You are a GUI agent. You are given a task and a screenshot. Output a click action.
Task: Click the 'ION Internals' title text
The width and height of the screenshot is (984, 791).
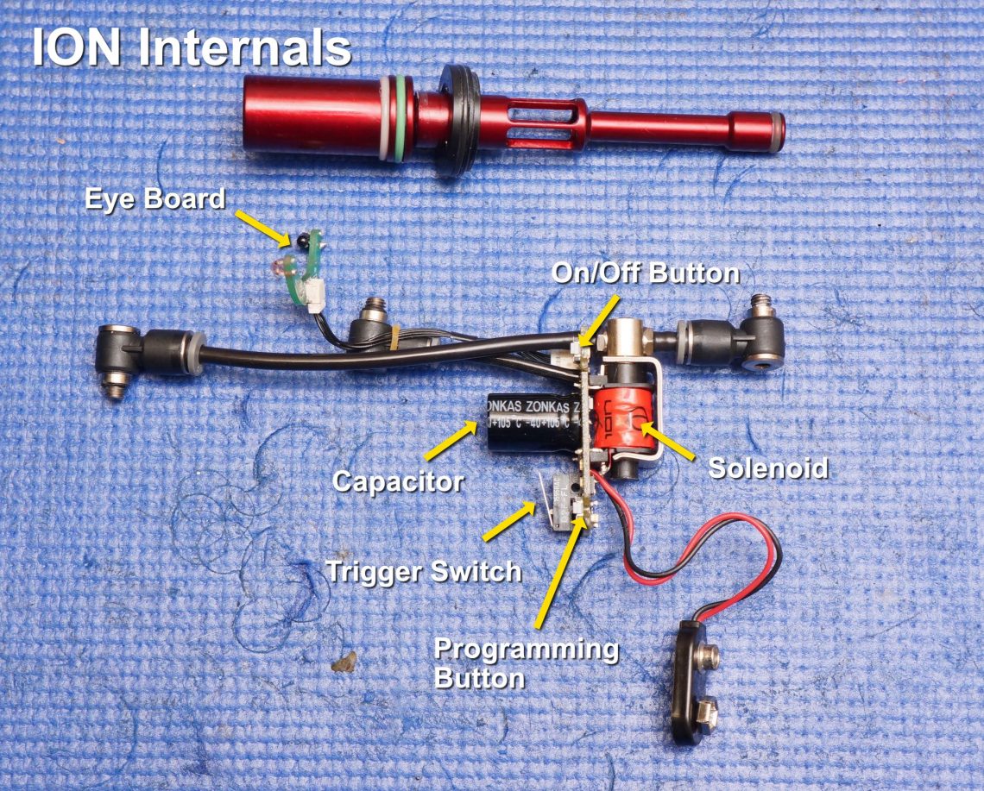tap(192, 47)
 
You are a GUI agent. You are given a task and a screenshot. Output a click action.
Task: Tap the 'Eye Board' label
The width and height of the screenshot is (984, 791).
tap(155, 199)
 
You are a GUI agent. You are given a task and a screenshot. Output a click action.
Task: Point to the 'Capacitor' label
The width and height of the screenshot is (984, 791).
tap(398, 480)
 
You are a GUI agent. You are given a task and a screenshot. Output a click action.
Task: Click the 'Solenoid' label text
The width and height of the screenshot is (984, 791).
tap(767, 468)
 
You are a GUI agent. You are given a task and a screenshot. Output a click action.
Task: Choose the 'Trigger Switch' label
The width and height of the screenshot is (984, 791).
tap(423, 570)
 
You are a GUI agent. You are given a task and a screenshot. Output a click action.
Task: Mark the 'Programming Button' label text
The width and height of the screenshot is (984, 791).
tap(526, 662)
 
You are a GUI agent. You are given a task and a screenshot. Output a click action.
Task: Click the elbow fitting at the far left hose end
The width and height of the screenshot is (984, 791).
tap(121, 358)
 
